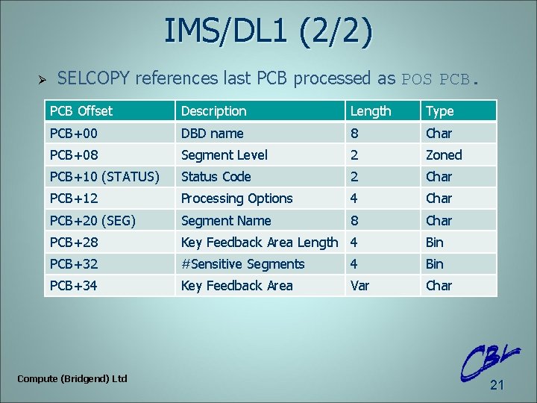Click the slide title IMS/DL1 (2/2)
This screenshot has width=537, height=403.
click(268, 33)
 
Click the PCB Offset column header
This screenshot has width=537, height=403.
click(81, 111)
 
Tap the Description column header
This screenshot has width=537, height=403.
click(213, 111)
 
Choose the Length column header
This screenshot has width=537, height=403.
click(371, 111)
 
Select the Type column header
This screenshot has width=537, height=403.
click(439, 111)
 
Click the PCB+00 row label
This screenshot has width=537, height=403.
click(73, 133)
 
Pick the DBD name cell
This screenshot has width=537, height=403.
click(212, 133)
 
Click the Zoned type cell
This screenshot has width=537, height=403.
click(444, 155)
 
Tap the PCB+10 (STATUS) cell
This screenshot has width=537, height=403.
click(104, 177)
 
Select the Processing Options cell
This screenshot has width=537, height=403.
click(236, 199)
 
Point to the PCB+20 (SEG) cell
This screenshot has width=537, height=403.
click(92, 221)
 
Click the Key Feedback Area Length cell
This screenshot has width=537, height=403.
click(259, 242)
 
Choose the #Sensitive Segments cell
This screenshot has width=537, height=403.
click(242, 264)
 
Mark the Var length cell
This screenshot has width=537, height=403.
click(359, 286)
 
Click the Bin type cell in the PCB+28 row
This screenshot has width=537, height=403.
click(434, 242)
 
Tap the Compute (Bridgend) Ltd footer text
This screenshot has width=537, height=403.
click(72, 378)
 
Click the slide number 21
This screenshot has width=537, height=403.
click(497, 385)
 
